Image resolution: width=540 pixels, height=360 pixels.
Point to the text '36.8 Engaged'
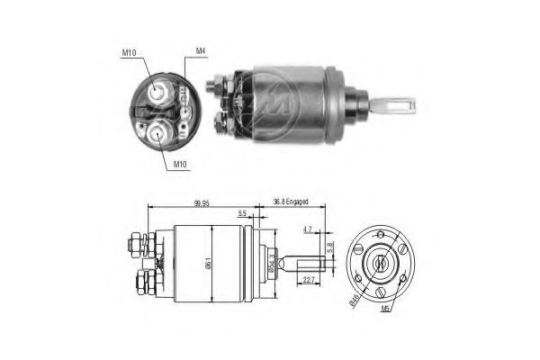tap(291, 202)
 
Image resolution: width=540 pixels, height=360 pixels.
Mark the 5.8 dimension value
tap(330, 245)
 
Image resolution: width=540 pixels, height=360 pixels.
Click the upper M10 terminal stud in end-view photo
tap(158, 91)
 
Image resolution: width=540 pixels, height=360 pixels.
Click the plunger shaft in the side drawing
tap(301, 264)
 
